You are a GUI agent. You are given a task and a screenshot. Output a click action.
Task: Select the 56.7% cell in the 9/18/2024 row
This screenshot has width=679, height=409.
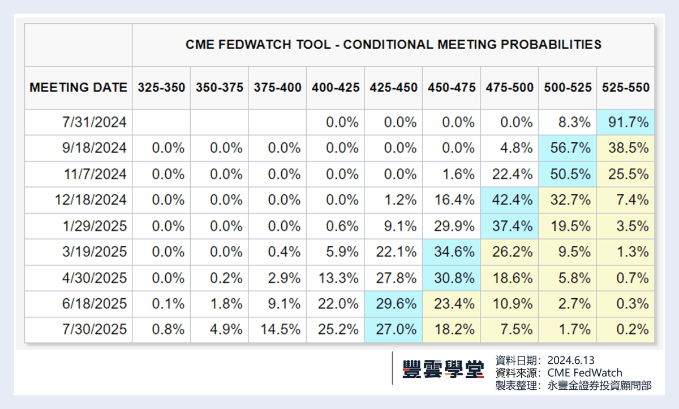click(x=568, y=148)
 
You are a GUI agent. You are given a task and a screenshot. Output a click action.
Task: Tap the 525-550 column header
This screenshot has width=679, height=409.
click(x=625, y=88)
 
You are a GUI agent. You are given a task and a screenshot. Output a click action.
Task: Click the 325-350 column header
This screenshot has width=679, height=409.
click(x=161, y=88)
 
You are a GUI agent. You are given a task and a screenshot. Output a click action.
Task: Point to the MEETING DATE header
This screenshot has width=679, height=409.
click(x=78, y=88)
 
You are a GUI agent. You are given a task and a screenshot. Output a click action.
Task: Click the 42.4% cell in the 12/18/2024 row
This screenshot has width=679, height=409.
click(x=509, y=200)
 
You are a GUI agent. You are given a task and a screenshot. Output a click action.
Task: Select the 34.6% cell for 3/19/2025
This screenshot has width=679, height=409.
click(x=451, y=252)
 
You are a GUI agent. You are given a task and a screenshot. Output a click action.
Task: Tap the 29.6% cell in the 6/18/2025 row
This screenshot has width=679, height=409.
click(x=393, y=304)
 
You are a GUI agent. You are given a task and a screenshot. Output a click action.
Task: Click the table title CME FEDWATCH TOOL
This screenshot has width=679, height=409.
click(x=393, y=45)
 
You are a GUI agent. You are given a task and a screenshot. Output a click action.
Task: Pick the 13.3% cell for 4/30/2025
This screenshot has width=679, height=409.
click(x=336, y=278)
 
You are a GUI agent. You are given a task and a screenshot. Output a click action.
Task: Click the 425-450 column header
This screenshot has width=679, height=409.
click(x=393, y=88)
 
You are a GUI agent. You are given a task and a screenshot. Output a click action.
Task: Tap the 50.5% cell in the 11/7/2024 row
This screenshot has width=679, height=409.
click(x=568, y=174)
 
